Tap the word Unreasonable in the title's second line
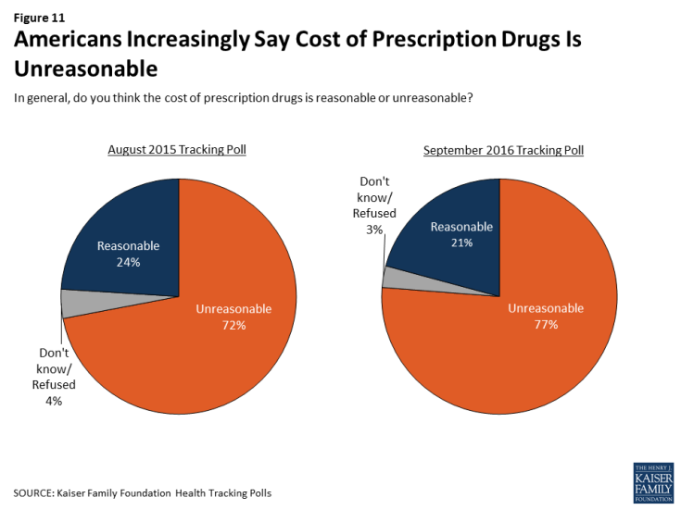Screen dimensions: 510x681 click(85, 69)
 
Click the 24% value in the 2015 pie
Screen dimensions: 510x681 click(128, 262)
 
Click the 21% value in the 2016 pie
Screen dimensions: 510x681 click(462, 243)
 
